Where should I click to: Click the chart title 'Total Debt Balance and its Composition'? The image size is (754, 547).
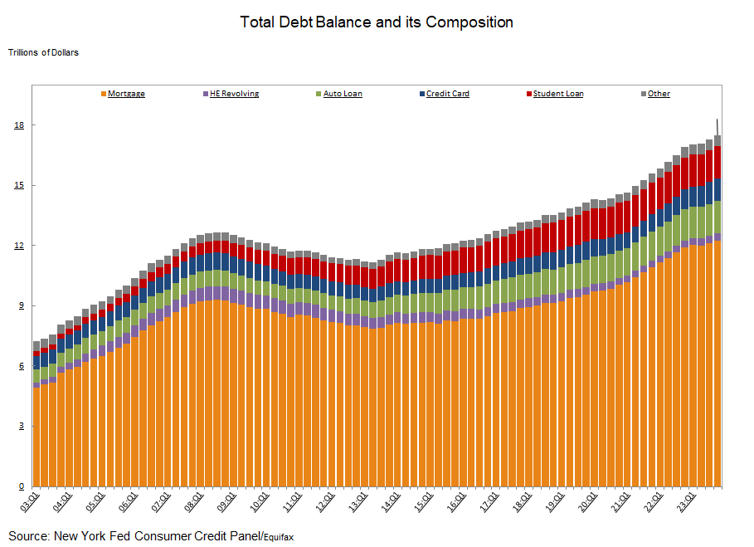click(x=377, y=22)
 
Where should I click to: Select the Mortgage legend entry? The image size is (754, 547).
click(x=126, y=94)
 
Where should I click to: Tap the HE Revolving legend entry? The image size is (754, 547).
click(x=235, y=94)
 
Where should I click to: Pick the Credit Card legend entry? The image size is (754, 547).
click(x=447, y=94)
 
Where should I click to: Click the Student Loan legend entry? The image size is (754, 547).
click(x=557, y=94)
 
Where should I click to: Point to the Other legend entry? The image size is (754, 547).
click(x=659, y=94)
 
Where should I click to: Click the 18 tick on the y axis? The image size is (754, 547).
click(x=19, y=125)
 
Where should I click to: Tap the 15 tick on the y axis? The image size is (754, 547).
click(x=19, y=185)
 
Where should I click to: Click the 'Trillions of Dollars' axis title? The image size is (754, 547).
click(x=43, y=52)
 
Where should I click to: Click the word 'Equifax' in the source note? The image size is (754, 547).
click(x=279, y=537)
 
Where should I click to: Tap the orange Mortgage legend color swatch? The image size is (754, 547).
click(x=103, y=94)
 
